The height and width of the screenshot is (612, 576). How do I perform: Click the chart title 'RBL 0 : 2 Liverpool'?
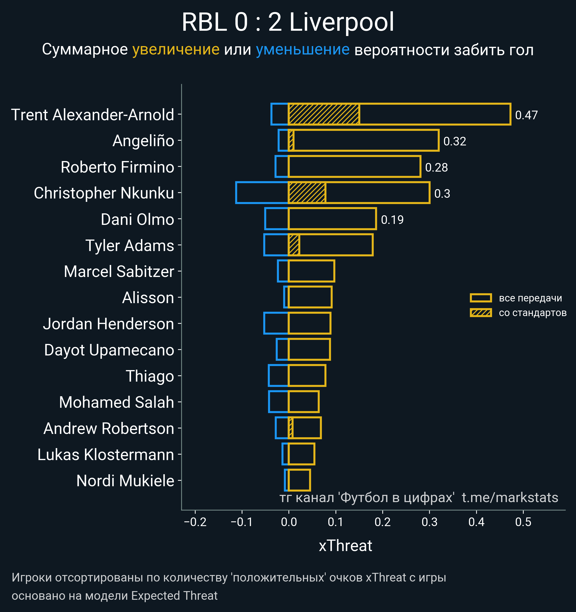coord(288,22)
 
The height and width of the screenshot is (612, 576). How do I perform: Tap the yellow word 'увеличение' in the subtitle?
coord(176,50)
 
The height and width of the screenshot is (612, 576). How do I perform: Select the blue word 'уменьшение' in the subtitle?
coord(303,50)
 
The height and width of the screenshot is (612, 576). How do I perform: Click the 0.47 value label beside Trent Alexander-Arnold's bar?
coord(526,115)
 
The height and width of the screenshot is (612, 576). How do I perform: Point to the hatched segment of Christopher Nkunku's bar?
coord(307,193)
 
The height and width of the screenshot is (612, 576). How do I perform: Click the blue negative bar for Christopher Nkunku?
coord(262,193)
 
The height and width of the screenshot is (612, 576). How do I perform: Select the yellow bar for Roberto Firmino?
coord(354,167)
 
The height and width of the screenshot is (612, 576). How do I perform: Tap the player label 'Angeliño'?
coord(143,141)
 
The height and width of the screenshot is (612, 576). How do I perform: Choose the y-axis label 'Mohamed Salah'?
coord(116,402)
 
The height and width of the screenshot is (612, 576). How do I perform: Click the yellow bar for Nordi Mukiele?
coord(299,480)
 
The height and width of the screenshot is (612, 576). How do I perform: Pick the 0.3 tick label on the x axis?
coord(429,522)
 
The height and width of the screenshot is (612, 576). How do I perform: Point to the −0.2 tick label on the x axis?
coord(195,522)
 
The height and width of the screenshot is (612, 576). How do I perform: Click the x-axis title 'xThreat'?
coord(345,546)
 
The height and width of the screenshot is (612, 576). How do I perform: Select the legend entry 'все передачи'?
coord(530,298)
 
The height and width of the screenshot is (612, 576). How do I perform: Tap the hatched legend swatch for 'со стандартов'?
coord(480,313)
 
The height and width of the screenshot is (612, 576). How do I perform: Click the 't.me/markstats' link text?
coord(510,498)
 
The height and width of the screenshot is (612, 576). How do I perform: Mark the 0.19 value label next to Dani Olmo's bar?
coord(392,220)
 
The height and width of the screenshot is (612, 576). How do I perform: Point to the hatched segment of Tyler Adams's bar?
coord(294,245)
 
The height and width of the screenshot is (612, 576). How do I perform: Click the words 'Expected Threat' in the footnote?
coord(174,596)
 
